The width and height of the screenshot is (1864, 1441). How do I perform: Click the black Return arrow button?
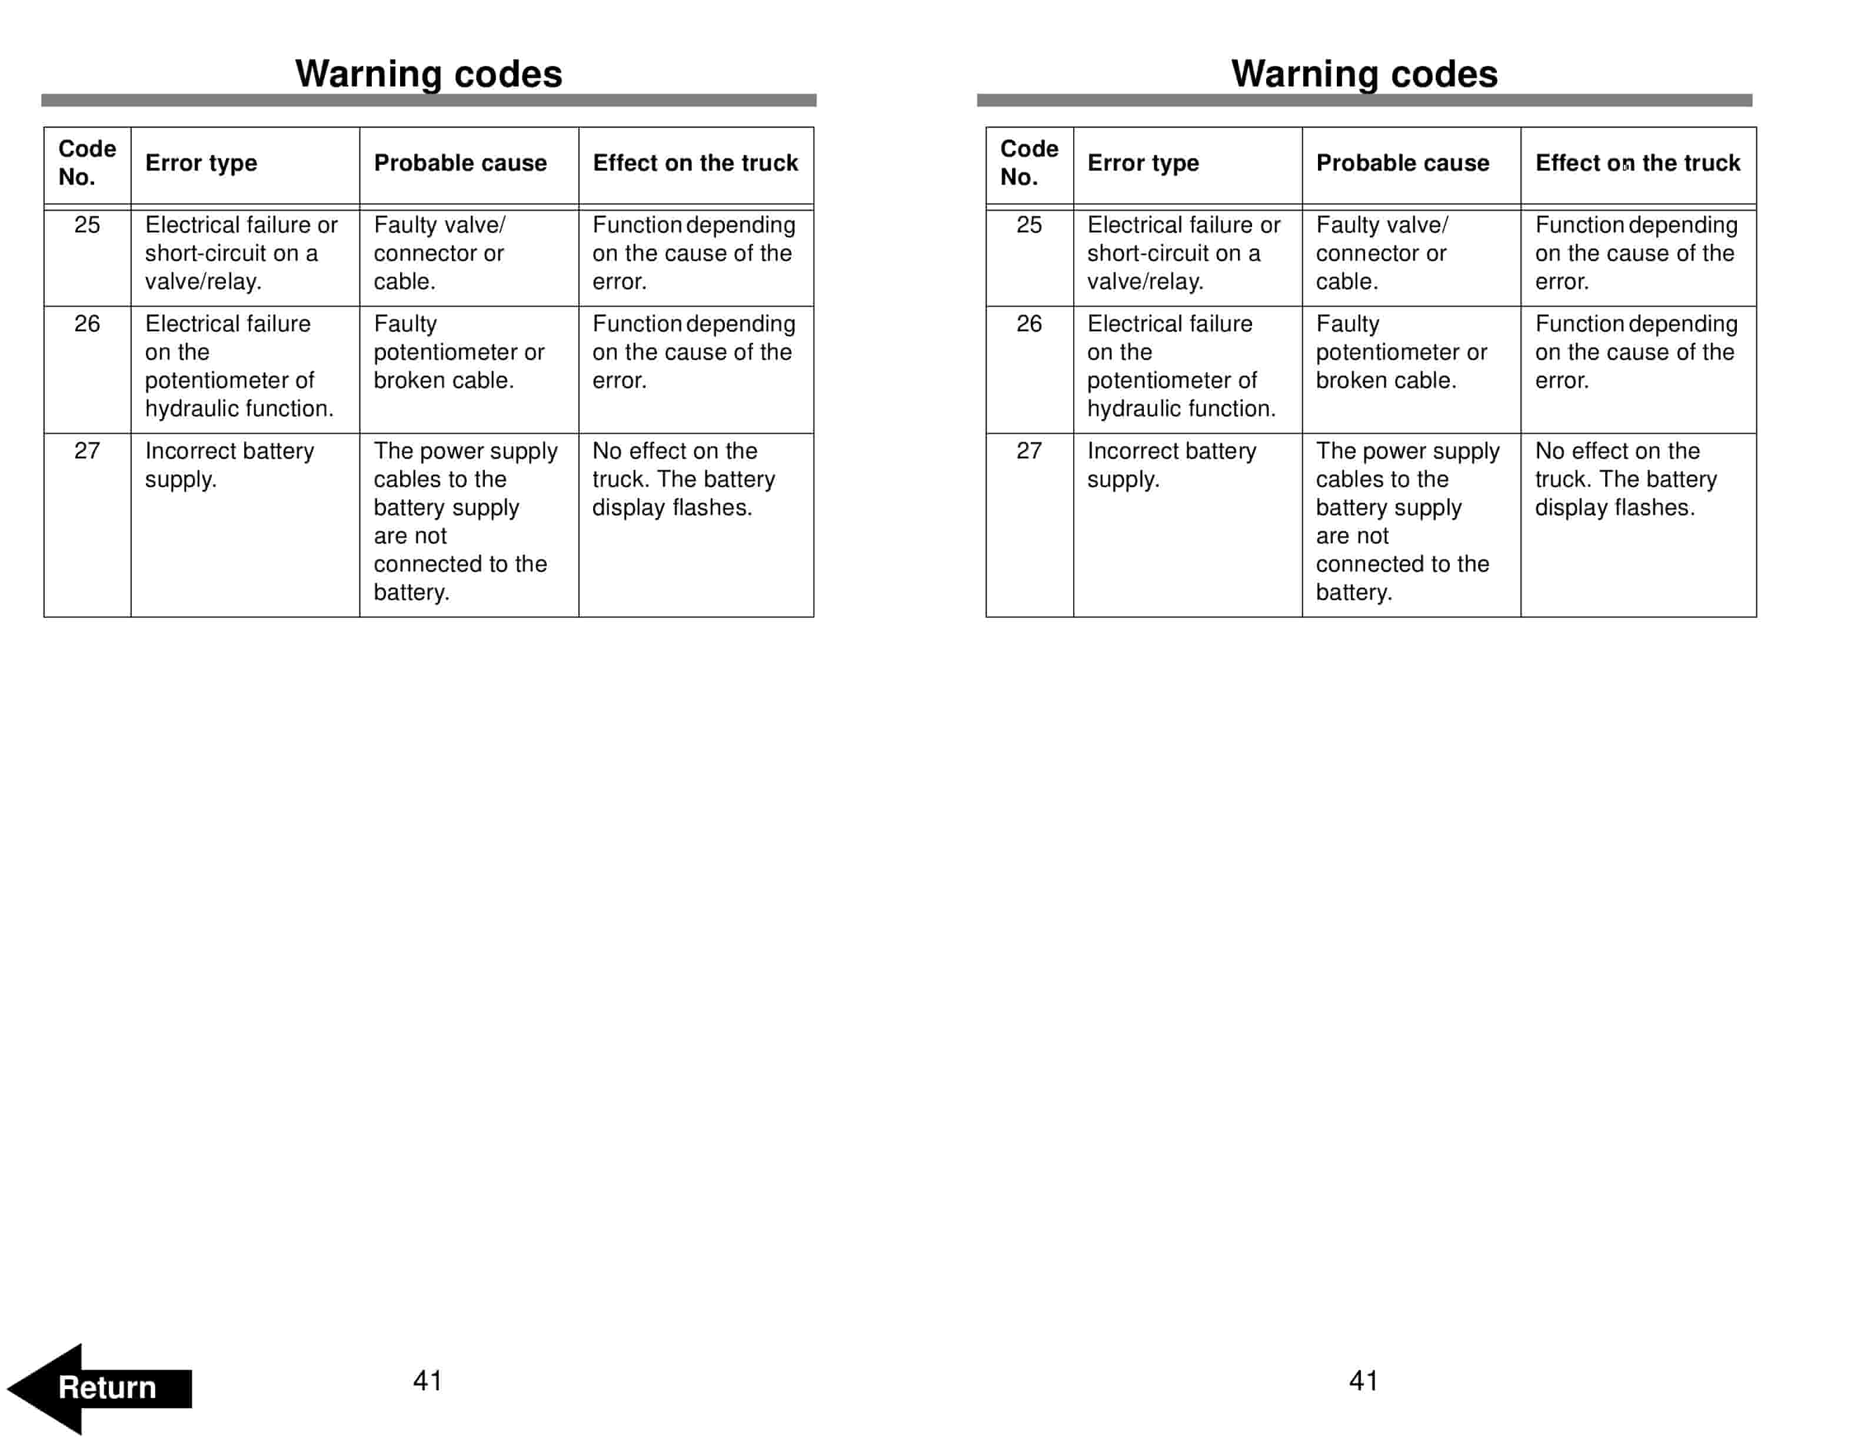(x=101, y=1387)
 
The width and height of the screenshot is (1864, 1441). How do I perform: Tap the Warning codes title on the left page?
(x=428, y=74)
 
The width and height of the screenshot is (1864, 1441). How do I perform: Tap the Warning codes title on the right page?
(x=1364, y=74)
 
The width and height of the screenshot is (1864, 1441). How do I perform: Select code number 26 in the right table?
(x=1028, y=324)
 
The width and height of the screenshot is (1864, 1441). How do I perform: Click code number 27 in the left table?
(x=87, y=451)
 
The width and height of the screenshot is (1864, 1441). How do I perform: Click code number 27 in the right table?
(x=1028, y=451)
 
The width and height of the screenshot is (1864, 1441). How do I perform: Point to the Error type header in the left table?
(x=201, y=163)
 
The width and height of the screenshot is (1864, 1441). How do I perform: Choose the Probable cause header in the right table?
(x=1402, y=163)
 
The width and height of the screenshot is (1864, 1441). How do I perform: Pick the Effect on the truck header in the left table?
(x=695, y=163)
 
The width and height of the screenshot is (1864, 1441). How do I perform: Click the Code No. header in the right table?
(x=1028, y=163)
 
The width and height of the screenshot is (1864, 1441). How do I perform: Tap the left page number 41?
(x=428, y=1380)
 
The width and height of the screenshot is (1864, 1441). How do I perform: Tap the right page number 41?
(x=1364, y=1380)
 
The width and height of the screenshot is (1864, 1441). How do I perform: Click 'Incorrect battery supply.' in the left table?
(x=229, y=465)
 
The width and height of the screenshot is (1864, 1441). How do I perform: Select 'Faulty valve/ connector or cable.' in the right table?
(x=1381, y=254)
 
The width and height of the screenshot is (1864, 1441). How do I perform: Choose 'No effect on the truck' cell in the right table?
(x=1625, y=479)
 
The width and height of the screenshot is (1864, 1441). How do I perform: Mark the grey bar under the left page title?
(x=428, y=100)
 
